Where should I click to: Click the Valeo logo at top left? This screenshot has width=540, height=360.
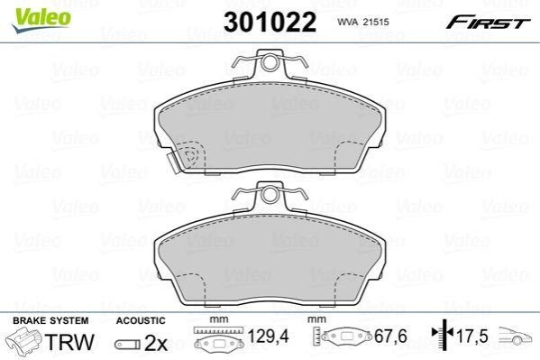pyautogui.click(x=41, y=21)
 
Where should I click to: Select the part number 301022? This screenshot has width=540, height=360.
pyautogui.click(x=270, y=22)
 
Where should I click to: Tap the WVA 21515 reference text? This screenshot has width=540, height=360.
pyautogui.click(x=363, y=22)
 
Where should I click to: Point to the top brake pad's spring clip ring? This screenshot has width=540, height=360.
pyautogui.click(x=270, y=62)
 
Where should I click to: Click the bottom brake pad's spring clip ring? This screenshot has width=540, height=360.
pyautogui.click(x=270, y=195)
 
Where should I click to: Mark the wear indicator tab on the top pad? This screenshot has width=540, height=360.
pyautogui.click(x=173, y=162)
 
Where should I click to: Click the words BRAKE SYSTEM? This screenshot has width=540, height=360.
pyautogui.click(x=50, y=320)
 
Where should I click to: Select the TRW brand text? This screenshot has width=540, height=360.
pyautogui.click(x=70, y=342)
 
